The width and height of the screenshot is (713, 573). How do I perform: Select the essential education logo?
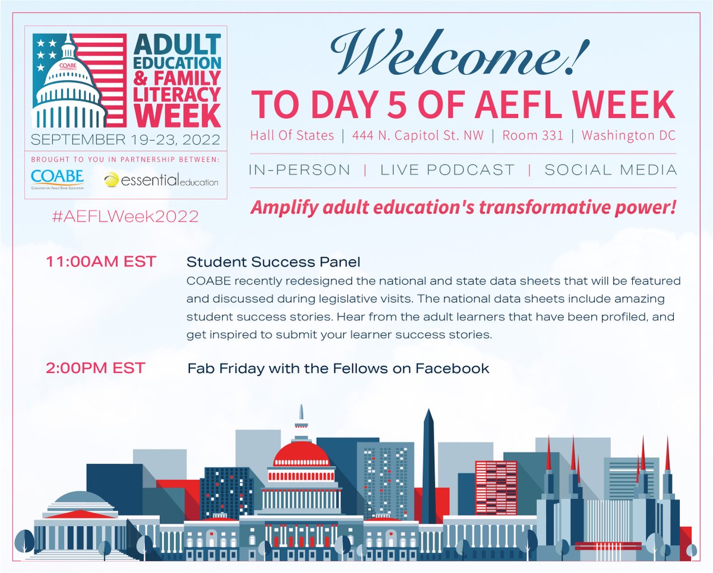tap(160, 179)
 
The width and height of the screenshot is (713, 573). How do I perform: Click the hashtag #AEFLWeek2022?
tap(125, 216)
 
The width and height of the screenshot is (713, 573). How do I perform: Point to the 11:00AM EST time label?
tap(100, 262)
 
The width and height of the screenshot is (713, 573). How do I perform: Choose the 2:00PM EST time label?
tap(95, 368)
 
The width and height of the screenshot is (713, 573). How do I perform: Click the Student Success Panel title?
tap(273, 262)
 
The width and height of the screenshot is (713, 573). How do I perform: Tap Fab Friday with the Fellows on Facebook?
tap(338, 369)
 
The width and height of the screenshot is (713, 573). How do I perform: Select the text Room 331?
tap(532, 135)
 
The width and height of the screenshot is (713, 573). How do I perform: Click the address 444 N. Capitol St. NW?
tap(418, 135)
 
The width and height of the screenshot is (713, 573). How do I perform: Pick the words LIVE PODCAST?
tap(447, 170)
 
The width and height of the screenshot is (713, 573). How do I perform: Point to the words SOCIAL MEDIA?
tap(610, 170)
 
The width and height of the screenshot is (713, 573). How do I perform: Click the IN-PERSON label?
tap(300, 170)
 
